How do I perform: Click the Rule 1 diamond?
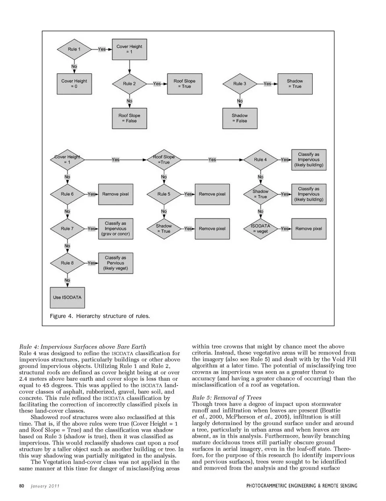click(x=74, y=49)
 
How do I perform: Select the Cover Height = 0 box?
click(x=74, y=84)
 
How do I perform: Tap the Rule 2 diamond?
click(x=129, y=84)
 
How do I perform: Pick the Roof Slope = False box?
click(x=129, y=118)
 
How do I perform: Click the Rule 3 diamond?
click(x=240, y=84)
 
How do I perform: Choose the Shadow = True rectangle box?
click(x=294, y=84)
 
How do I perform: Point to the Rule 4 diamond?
click(x=260, y=160)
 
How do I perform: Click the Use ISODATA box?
click(x=67, y=298)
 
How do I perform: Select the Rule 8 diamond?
click(x=67, y=263)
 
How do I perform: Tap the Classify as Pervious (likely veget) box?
click(x=115, y=263)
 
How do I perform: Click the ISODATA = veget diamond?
click(x=260, y=228)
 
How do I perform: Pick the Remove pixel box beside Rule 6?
click(x=115, y=194)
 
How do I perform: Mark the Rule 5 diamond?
click(x=164, y=194)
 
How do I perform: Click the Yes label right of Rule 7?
click(x=92, y=228)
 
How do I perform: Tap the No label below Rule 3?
click(x=240, y=101)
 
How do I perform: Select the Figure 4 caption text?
click(x=100, y=316)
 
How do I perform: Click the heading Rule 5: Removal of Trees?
click(x=227, y=398)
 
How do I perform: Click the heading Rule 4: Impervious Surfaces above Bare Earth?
click(x=82, y=347)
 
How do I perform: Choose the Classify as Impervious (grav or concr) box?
click(x=115, y=228)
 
